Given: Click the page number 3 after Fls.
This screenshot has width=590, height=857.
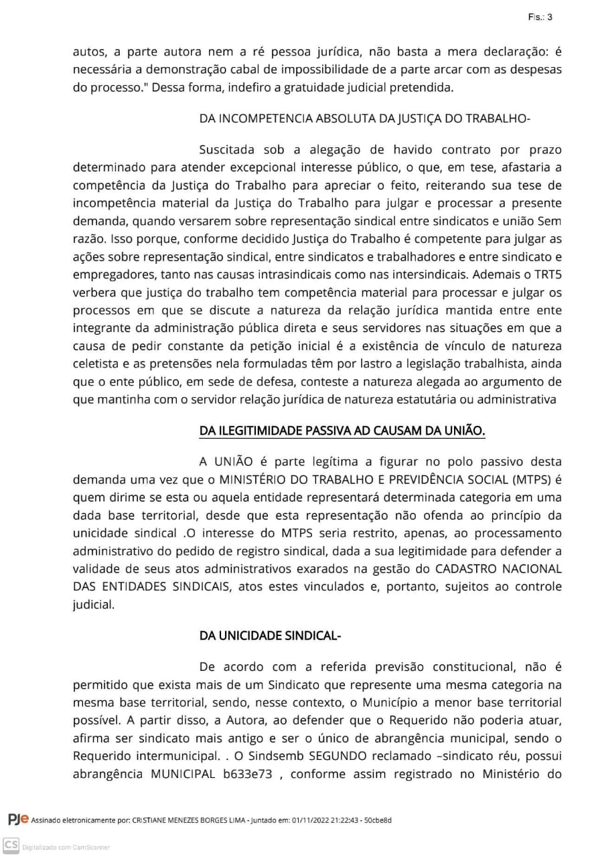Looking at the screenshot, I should coord(550,17).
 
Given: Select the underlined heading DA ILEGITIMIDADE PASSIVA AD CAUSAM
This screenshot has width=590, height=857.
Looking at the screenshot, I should coord(342,431).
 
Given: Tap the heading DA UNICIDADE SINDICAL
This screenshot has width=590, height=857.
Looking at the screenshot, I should coord(270,635).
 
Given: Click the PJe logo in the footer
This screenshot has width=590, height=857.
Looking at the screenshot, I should coord(18,820).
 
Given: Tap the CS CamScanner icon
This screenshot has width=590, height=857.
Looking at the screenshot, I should coord(11,846).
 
